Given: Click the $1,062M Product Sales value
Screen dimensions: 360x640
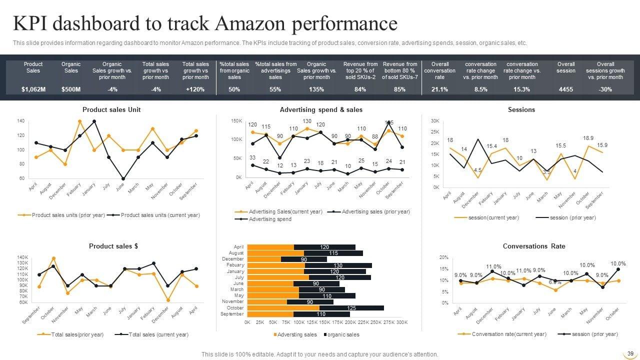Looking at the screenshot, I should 33,89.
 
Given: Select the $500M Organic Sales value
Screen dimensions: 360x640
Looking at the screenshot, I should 71,89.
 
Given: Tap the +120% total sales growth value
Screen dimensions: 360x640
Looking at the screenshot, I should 195,89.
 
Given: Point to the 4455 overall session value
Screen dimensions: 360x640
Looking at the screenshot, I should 566,89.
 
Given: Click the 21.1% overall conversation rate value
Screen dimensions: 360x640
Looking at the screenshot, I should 439,89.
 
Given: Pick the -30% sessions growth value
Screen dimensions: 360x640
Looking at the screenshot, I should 605,89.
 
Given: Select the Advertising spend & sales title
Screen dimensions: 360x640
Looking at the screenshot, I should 321,109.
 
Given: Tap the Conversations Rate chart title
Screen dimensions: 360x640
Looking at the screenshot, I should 534,246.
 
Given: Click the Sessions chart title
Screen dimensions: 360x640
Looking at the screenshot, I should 521,109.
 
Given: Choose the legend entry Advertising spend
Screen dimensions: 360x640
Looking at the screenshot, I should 270,219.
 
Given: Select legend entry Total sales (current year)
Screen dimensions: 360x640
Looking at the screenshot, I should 158,334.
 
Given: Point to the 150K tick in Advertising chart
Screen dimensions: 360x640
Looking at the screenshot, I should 236,121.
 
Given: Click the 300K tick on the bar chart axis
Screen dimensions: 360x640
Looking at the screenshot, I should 402,323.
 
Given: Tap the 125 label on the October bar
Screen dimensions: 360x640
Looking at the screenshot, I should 351,308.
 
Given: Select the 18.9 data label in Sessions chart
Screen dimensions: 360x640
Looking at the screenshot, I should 588,137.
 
